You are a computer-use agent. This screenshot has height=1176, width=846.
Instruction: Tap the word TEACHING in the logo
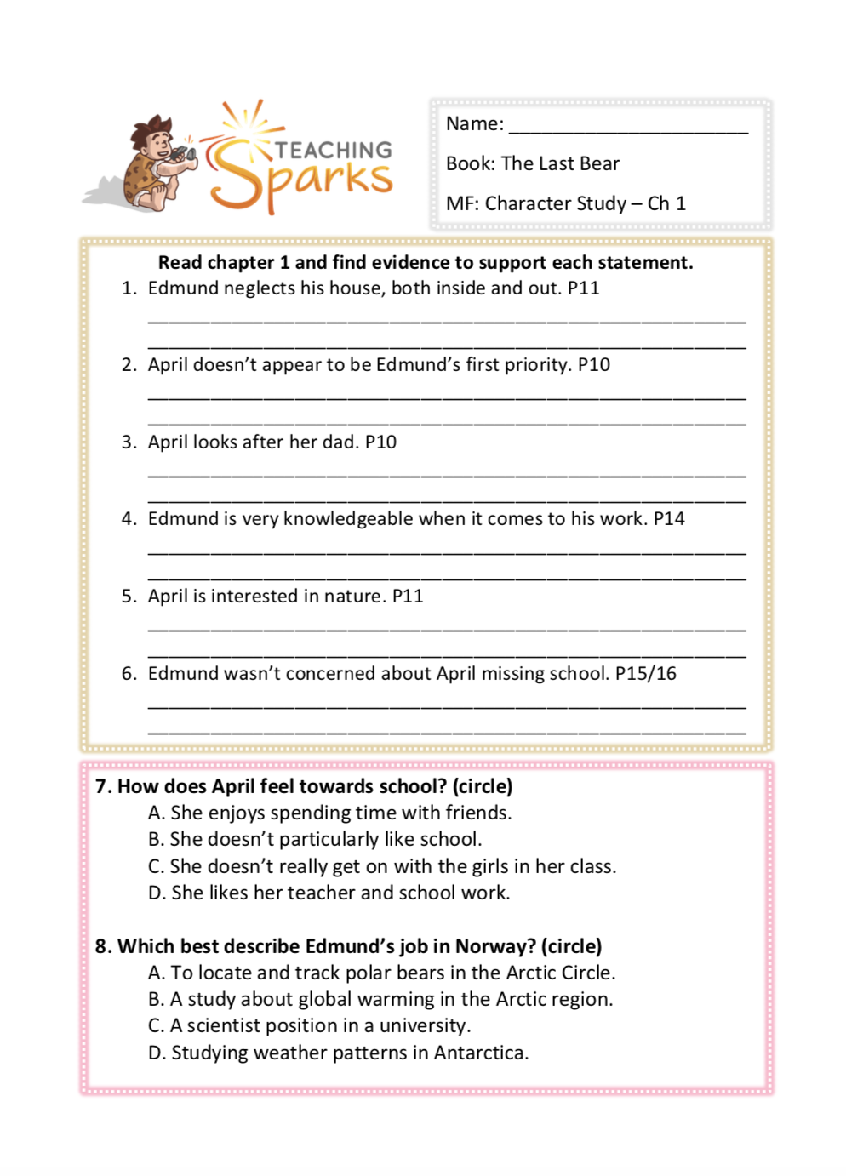tap(334, 151)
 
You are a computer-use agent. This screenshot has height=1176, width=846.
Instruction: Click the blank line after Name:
tap(628, 128)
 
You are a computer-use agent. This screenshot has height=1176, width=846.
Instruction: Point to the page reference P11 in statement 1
tap(583, 288)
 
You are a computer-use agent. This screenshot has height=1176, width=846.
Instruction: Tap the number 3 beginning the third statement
tap(128, 442)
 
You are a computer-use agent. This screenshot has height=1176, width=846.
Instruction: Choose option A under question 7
tap(329, 813)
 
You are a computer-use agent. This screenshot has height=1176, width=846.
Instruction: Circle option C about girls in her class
tap(381, 866)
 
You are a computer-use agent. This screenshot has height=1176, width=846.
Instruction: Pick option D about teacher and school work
tap(329, 893)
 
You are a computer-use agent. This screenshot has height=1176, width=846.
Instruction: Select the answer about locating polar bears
tap(381, 973)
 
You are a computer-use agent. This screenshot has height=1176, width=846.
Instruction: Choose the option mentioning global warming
tap(380, 999)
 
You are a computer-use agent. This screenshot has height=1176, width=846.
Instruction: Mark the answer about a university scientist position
tap(309, 1025)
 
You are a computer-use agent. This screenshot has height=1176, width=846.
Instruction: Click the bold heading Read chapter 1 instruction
tap(426, 262)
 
